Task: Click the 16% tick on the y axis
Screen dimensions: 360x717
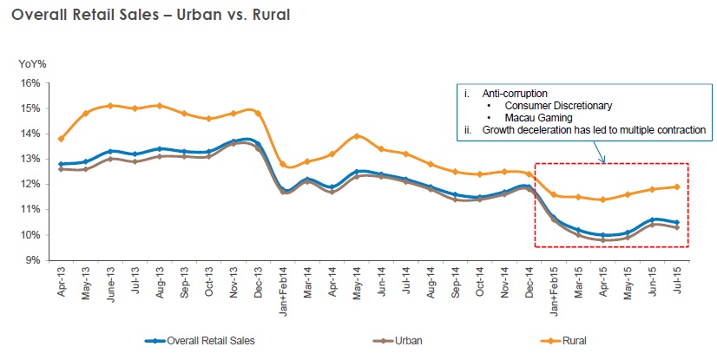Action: (x=30, y=83)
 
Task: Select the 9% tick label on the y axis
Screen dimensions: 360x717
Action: (x=33, y=259)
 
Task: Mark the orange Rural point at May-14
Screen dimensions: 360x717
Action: (x=356, y=136)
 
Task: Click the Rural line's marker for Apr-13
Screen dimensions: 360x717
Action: (x=60, y=139)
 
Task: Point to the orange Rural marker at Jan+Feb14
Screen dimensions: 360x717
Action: (x=282, y=164)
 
